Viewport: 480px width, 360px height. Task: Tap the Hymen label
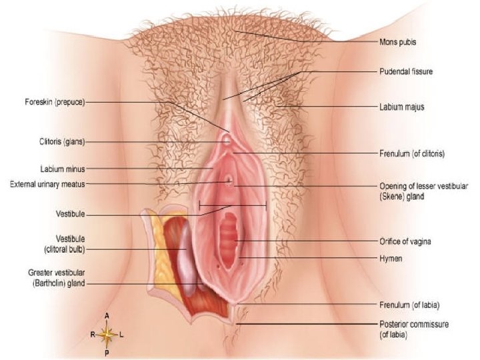[x=390, y=257]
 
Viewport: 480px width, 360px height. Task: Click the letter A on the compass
[x=107, y=315]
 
